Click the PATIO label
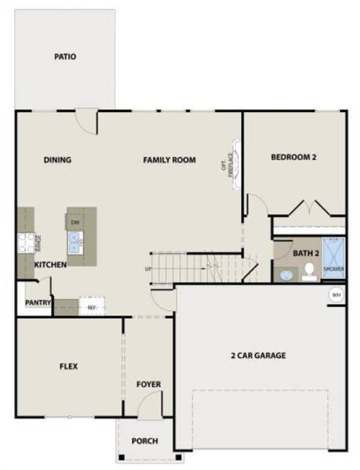[65, 56]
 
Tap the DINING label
[57, 160]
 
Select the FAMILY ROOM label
[169, 160]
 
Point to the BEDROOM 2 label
[293, 157]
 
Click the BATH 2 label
[305, 253]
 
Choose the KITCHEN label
[50, 265]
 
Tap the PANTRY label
[38, 302]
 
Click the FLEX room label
[68, 366]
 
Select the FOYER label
[149, 384]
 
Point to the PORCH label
[145, 441]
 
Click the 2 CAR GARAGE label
[257, 355]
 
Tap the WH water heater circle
[336, 295]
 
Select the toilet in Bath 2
[309, 271]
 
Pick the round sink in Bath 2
[286, 275]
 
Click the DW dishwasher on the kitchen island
[76, 223]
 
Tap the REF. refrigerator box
[91, 308]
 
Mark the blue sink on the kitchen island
[77, 246]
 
